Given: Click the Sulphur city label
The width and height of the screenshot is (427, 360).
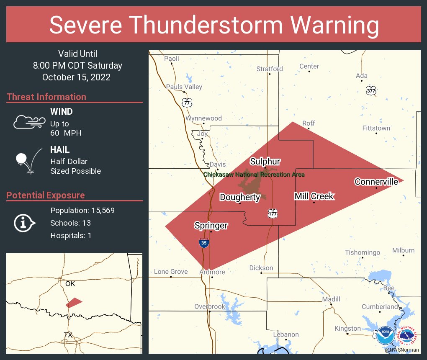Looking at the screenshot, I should [x=265, y=162].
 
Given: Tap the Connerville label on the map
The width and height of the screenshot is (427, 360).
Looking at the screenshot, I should [x=376, y=182].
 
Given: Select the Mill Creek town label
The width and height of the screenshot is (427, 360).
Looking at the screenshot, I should [x=314, y=196].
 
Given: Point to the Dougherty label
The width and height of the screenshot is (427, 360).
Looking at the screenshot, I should [x=240, y=197].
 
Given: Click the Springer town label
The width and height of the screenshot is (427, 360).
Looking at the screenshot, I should [x=211, y=226].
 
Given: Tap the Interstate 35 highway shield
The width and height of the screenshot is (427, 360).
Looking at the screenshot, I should [x=203, y=243].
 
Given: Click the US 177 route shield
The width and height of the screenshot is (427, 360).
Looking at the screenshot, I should [x=273, y=214].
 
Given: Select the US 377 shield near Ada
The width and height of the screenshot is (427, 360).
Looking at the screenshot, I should [x=371, y=90].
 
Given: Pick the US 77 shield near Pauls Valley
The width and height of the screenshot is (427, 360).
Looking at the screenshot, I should [x=186, y=102].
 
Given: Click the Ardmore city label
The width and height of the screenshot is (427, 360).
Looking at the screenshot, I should [x=212, y=272].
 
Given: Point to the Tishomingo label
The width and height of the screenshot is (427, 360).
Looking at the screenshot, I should [x=363, y=252].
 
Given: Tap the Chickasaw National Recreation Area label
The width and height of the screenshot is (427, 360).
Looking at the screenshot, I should [x=254, y=175].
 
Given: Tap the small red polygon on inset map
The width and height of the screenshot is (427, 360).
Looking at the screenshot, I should [x=74, y=303].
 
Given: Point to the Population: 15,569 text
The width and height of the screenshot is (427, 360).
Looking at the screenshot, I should [x=82, y=210].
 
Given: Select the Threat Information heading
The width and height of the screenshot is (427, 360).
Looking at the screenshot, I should [x=46, y=97].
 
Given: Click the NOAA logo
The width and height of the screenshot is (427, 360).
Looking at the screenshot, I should [x=385, y=335].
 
